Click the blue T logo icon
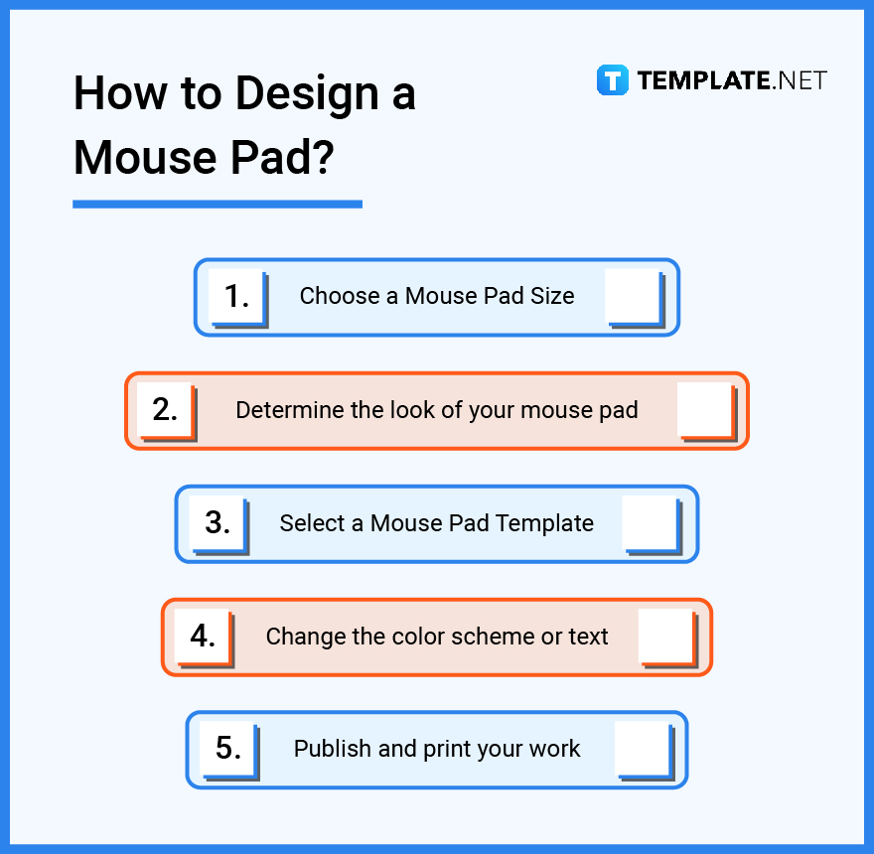coord(613,80)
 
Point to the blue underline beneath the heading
coord(217,204)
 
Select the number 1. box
coord(236,296)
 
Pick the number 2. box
coord(165,409)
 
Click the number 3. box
coord(217,522)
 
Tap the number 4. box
coord(203,636)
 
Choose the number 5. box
coord(228,749)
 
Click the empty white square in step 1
coord(632,296)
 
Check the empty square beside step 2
coord(704,409)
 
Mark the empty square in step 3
coord(650,522)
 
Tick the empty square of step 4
coord(664,636)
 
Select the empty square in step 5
coord(643,749)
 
